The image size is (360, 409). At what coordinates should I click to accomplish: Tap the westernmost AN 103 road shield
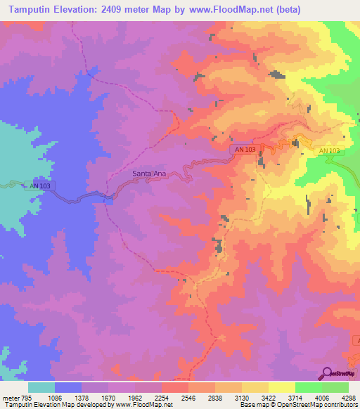click(41, 186)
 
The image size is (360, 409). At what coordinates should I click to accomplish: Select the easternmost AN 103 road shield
click(329, 151)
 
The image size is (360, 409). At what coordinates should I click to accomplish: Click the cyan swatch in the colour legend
click(41, 387)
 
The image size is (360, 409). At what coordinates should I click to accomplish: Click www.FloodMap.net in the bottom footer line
click(143, 405)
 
